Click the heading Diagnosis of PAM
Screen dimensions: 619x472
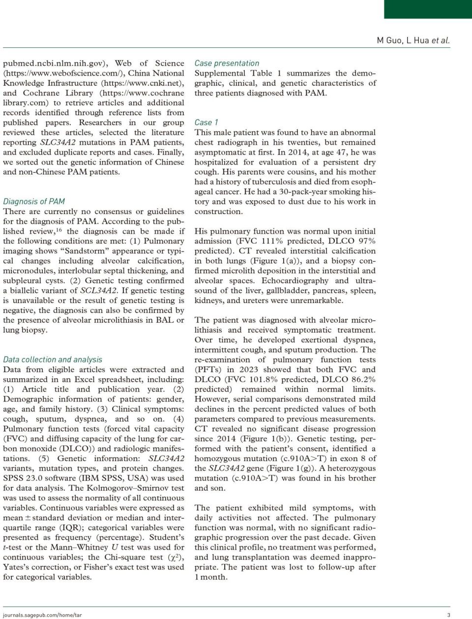(x=34, y=201)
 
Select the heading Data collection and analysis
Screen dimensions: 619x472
(x=53, y=359)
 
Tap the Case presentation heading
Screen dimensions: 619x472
(x=227, y=63)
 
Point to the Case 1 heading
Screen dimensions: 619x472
(x=206, y=122)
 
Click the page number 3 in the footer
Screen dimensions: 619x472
(x=448, y=615)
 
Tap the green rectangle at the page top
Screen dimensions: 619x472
(x=428, y=9)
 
